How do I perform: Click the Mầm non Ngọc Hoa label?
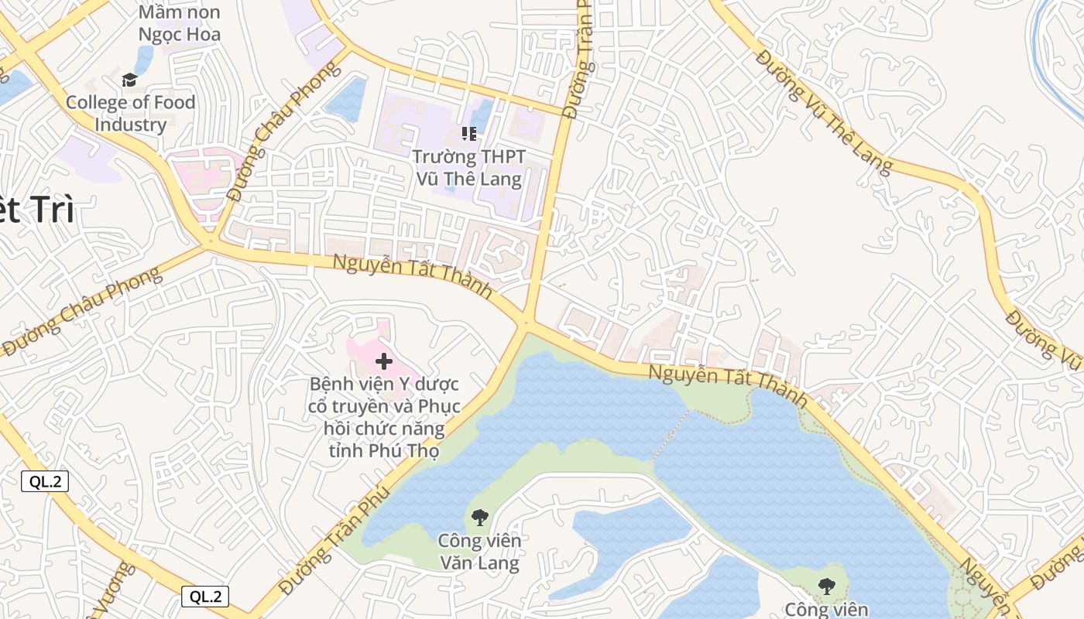pyautogui.click(x=180, y=23)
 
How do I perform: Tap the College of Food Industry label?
pyautogui.click(x=130, y=113)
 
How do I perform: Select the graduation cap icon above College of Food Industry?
pyautogui.click(x=129, y=80)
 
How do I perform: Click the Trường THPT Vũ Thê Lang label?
pyautogui.click(x=468, y=168)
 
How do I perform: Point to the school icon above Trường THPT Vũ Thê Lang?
pyautogui.click(x=468, y=134)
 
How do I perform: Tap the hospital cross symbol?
pyautogui.click(x=384, y=361)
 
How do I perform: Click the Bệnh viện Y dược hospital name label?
pyautogui.click(x=384, y=417)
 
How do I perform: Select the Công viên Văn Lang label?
pyautogui.click(x=479, y=551)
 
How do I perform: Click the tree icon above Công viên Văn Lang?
pyautogui.click(x=479, y=517)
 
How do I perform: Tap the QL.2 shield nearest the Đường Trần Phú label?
pyautogui.click(x=205, y=597)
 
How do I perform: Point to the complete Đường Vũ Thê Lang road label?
pyautogui.click(x=824, y=112)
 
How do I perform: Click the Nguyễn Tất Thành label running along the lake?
pyautogui.click(x=728, y=385)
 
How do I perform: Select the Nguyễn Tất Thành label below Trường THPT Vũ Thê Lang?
pyautogui.click(x=412, y=276)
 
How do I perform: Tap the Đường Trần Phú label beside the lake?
pyautogui.click(x=334, y=540)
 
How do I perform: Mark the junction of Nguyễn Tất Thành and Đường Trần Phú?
pyautogui.click(x=527, y=321)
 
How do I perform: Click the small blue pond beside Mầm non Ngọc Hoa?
pyautogui.click(x=144, y=59)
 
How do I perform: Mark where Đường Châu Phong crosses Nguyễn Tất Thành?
pyautogui.click(x=209, y=243)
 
